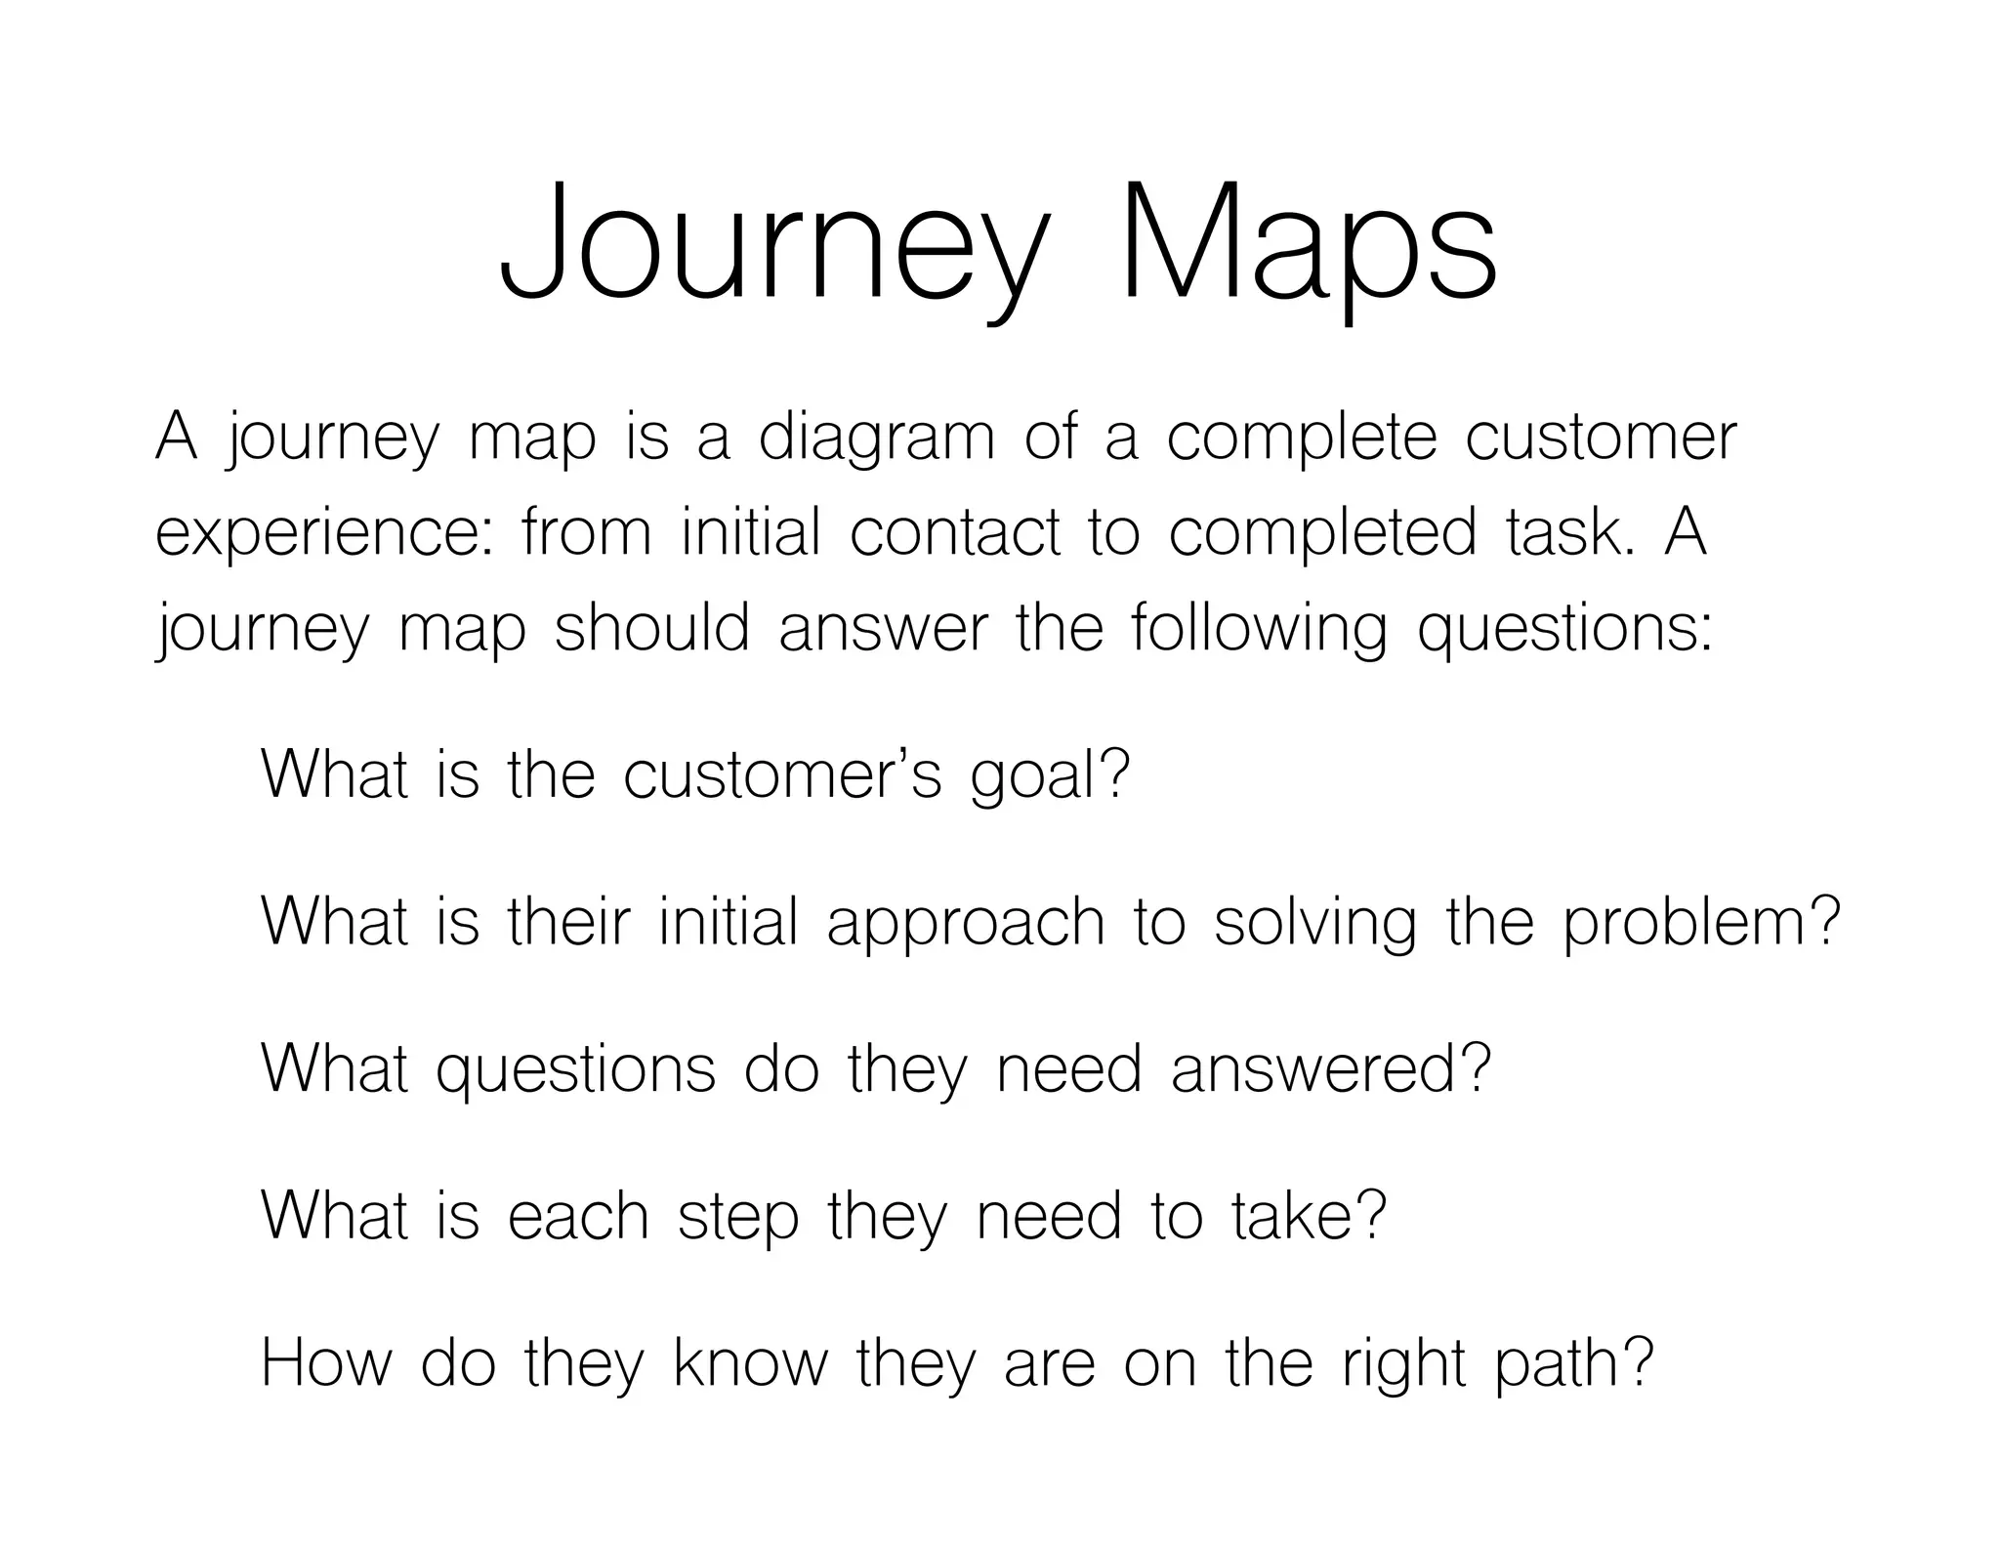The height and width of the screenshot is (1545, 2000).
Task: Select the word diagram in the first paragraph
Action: point(877,438)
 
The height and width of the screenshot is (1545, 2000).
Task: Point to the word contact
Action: point(954,533)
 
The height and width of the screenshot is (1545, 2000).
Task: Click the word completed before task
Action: point(1322,534)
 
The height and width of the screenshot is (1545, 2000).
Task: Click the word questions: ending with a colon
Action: point(1564,630)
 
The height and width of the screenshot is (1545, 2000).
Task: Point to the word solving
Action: point(1314,924)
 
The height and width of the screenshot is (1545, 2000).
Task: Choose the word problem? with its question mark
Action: point(1701,924)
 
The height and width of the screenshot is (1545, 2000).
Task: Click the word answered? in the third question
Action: point(1330,1068)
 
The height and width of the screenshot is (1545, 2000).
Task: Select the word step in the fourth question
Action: point(737,1219)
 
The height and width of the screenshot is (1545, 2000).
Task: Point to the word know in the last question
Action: point(750,1363)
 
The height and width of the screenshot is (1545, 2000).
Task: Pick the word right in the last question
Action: point(1403,1365)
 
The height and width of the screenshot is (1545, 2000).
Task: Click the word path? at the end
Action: point(1574,1365)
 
